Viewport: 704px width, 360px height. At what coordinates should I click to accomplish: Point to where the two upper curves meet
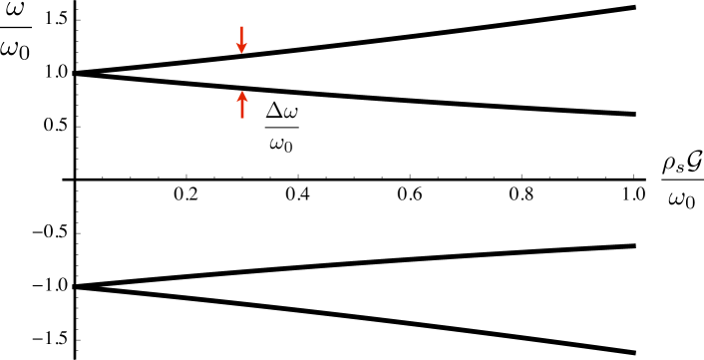coord(76,73)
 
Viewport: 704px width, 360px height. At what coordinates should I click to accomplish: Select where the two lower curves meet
coord(76,286)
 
